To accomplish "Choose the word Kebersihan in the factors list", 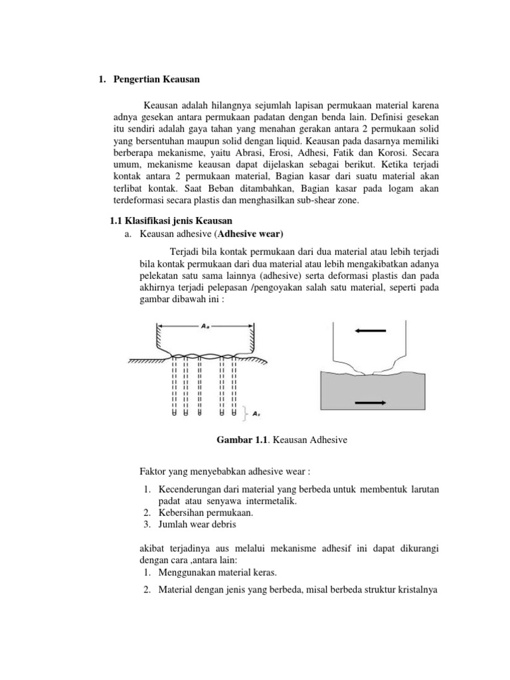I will click(x=183, y=512).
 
